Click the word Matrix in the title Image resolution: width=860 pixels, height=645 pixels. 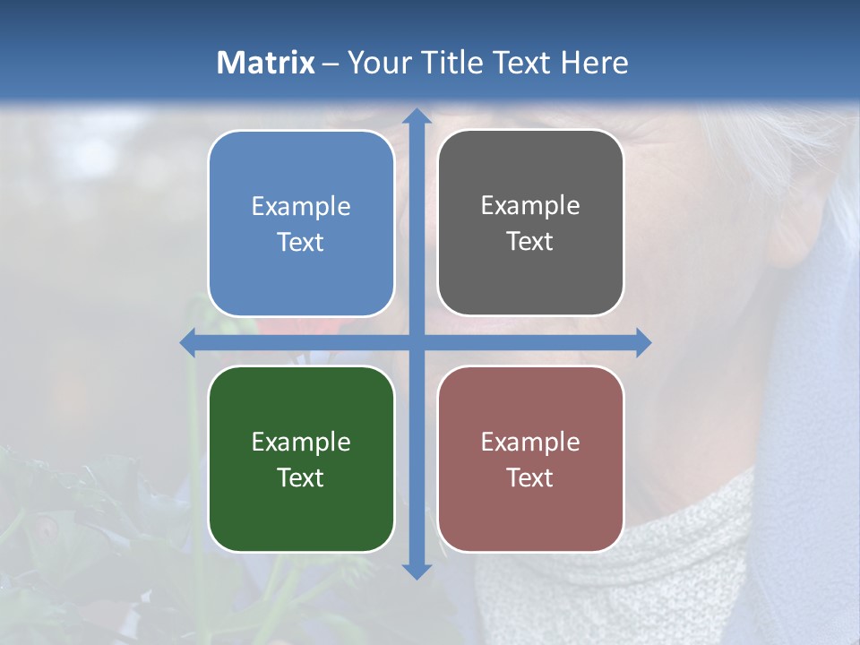click(x=265, y=63)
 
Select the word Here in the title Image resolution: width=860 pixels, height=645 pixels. click(x=595, y=63)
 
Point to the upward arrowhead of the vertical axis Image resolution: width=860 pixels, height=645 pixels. click(x=417, y=116)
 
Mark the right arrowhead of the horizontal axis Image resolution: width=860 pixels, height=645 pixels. click(x=642, y=343)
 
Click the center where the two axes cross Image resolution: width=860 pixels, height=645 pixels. click(x=417, y=343)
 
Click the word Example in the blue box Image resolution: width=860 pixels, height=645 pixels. click(x=301, y=207)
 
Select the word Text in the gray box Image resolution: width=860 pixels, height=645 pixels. click(x=530, y=242)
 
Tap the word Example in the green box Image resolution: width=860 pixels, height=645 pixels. click(x=301, y=443)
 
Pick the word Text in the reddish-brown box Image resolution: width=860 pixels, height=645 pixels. click(x=530, y=477)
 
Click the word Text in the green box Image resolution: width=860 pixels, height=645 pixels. click(x=301, y=477)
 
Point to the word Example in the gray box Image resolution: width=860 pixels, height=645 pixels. click(x=530, y=206)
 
